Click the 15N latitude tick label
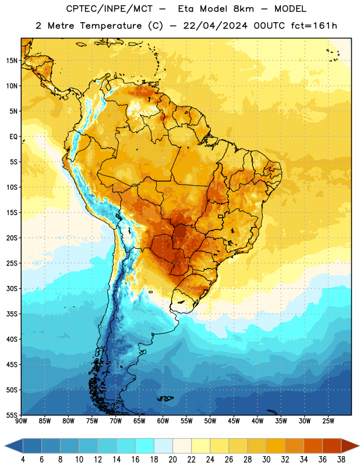point(12,61)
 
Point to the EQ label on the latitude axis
point(13,137)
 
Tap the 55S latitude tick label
point(12,415)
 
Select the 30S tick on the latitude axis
point(12,288)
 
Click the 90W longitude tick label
point(21,421)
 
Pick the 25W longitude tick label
point(328,421)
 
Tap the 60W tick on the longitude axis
point(163,421)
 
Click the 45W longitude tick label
point(234,421)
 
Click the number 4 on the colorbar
point(23,460)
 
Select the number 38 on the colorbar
point(341,460)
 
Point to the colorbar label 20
point(172,460)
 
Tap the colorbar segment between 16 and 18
point(144,446)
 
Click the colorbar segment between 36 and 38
point(332,446)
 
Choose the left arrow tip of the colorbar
point(5,446)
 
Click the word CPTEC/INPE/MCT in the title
point(110,9)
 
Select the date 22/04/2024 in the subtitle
point(215,26)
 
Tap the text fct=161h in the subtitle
point(314,26)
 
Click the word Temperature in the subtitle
point(111,26)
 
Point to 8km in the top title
point(243,9)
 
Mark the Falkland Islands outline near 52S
point(165,398)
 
